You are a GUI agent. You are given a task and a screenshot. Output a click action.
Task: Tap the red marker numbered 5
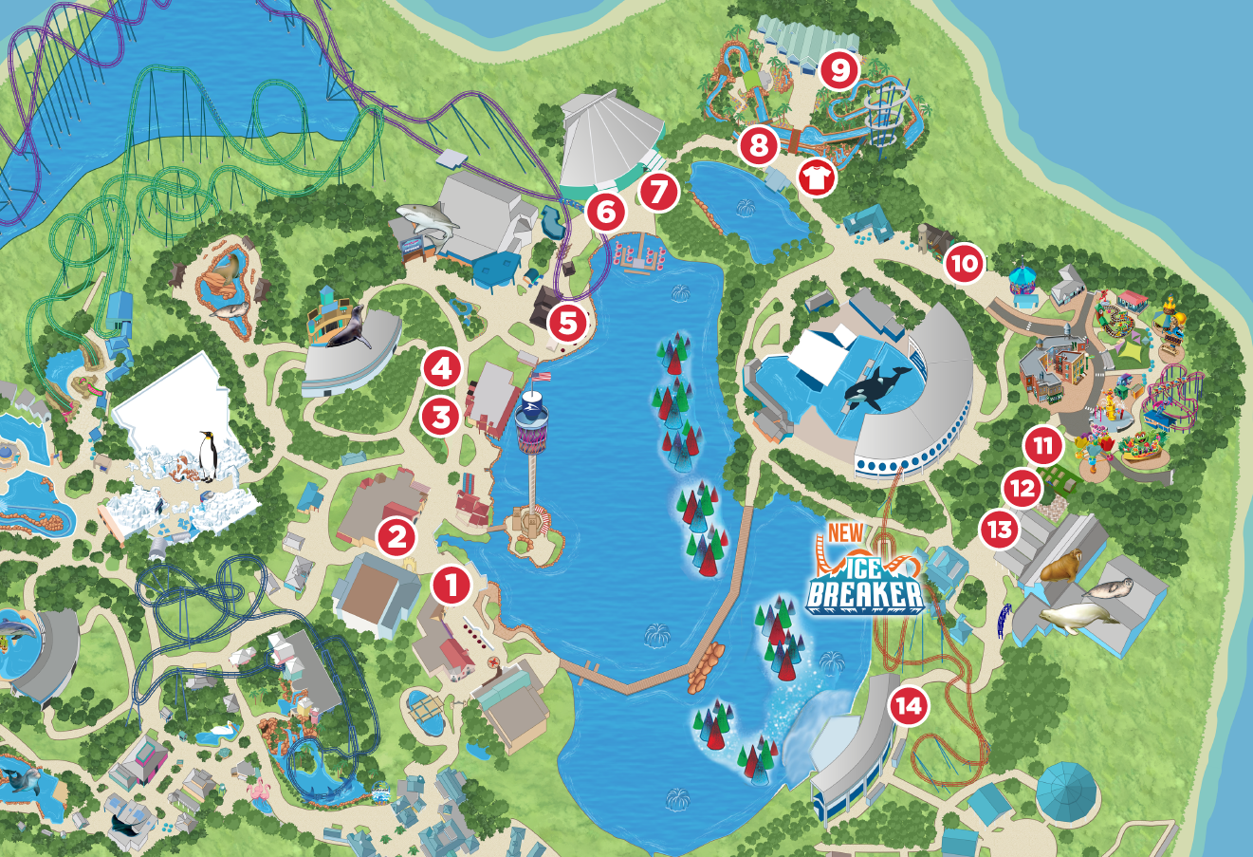pyautogui.click(x=566, y=323)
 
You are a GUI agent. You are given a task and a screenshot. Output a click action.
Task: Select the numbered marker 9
pyautogui.click(x=838, y=68)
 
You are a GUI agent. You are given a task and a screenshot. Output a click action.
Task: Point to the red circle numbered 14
pyautogui.click(x=908, y=706)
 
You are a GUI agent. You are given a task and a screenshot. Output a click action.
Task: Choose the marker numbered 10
pyautogui.click(x=965, y=264)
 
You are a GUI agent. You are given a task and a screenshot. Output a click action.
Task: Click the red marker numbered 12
pyautogui.click(x=1022, y=489)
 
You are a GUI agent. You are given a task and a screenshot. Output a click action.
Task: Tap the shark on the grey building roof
pyautogui.click(x=427, y=219)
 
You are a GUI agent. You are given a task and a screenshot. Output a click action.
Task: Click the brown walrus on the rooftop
pyautogui.click(x=1060, y=567)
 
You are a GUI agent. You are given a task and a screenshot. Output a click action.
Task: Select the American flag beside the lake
pyautogui.click(x=541, y=375)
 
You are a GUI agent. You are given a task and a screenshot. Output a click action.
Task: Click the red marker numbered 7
pyautogui.click(x=658, y=193)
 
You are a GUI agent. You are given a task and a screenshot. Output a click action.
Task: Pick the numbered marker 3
pyautogui.click(x=441, y=415)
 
